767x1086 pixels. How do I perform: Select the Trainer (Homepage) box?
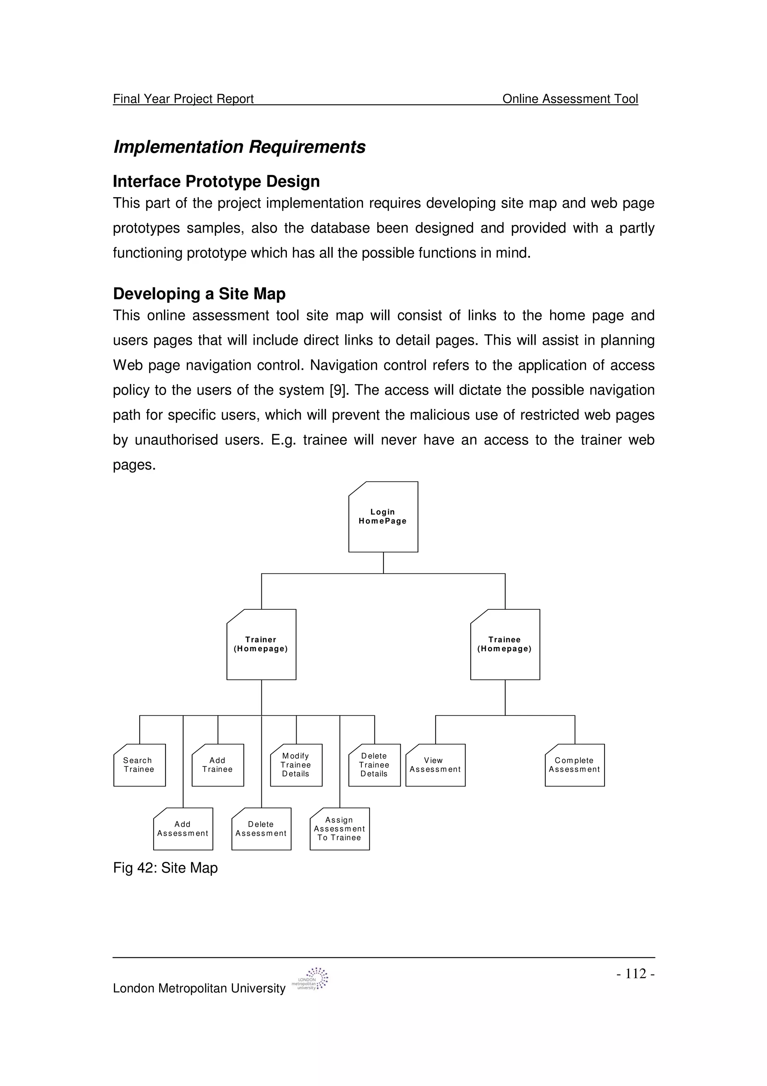261,644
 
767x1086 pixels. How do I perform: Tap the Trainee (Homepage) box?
505,644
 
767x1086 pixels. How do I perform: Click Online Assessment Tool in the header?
570,99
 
